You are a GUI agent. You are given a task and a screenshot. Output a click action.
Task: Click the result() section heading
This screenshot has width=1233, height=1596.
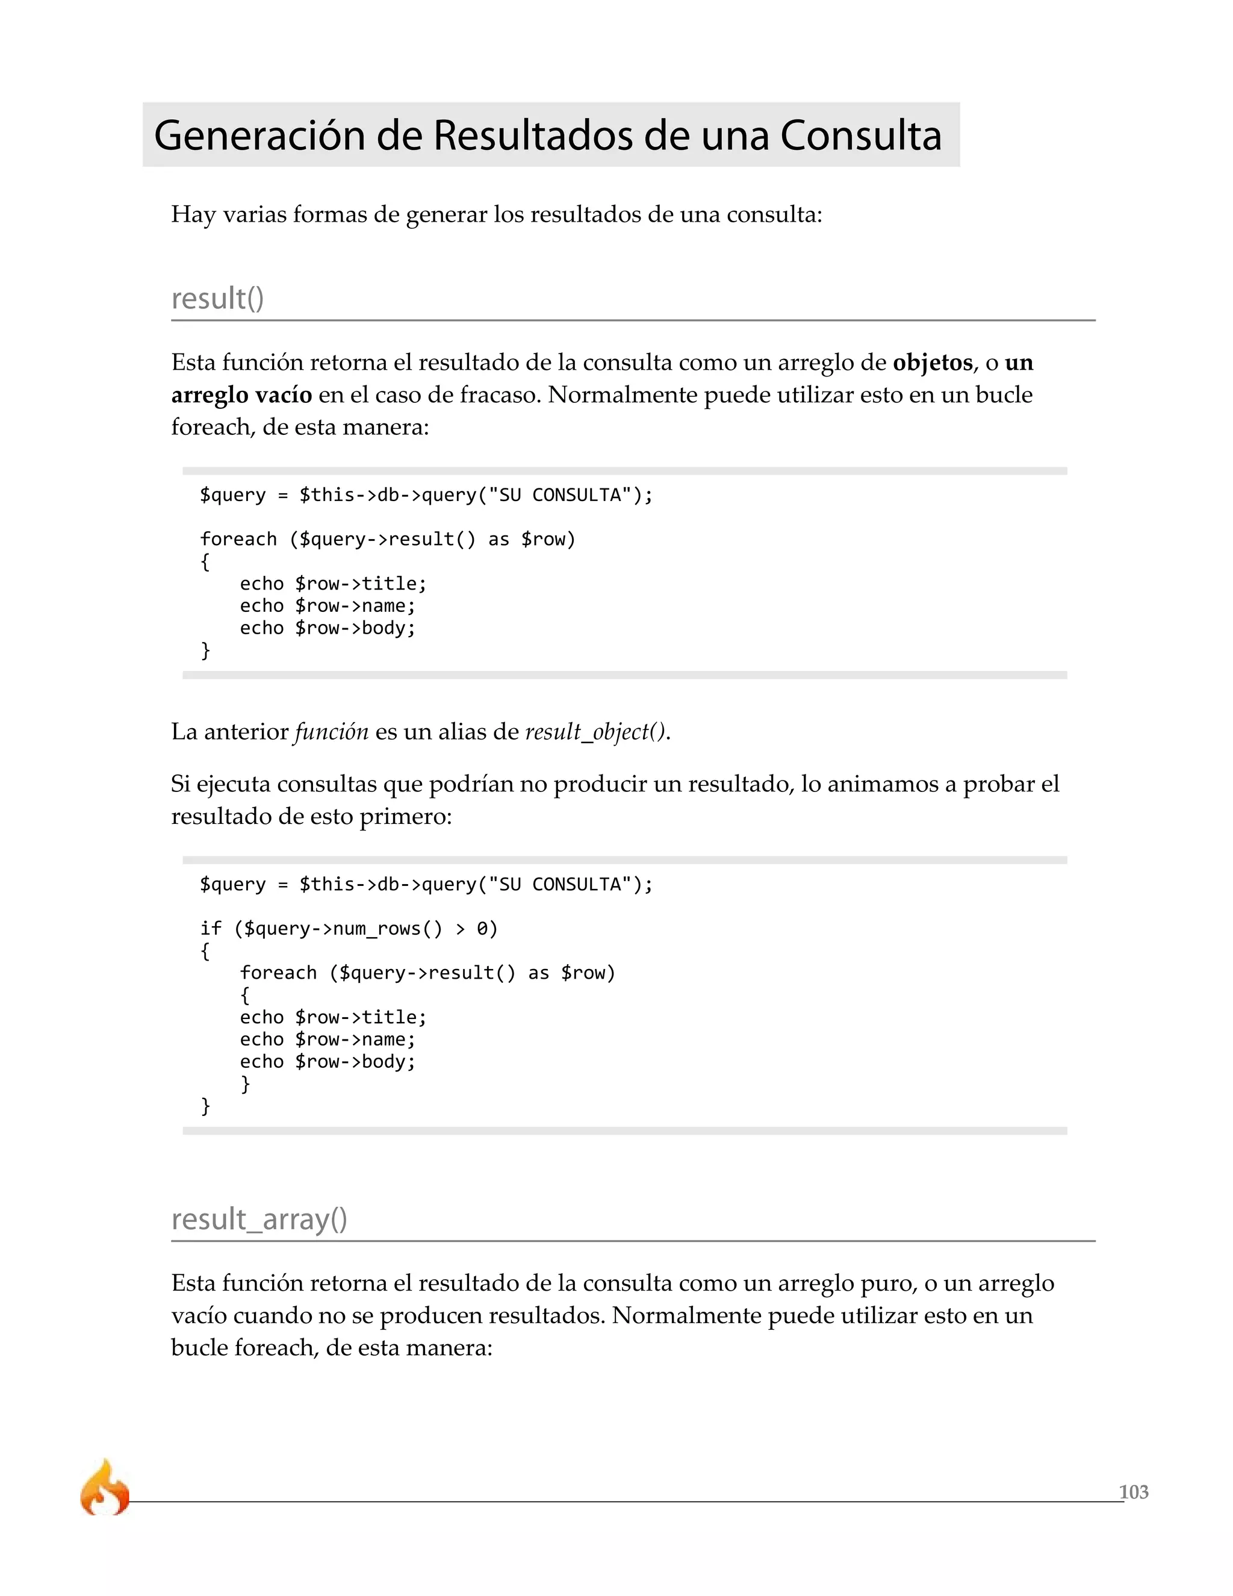pyautogui.click(x=217, y=299)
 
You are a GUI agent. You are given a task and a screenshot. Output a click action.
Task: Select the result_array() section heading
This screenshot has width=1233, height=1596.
pyautogui.click(x=258, y=1220)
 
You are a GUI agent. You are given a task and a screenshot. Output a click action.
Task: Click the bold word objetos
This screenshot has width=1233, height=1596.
pyautogui.click(x=932, y=363)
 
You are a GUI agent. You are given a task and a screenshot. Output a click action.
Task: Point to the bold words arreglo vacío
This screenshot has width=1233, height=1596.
pyautogui.click(x=241, y=394)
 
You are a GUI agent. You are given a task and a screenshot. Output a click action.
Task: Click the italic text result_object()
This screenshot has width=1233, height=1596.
pyautogui.click(x=595, y=732)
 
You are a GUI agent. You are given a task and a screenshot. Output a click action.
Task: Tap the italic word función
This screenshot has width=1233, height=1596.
pyautogui.click(x=332, y=732)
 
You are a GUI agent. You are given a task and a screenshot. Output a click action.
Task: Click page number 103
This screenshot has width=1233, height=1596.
pyautogui.click(x=1133, y=1492)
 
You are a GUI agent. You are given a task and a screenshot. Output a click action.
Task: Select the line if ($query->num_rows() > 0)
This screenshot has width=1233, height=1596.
pyautogui.click(x=349, y=929)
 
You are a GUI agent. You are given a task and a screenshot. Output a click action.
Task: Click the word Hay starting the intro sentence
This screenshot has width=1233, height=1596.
pyautogui.click(x=193, y=215)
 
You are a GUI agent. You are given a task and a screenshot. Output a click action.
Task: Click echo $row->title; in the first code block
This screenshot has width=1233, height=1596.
pyautogui.click(x=332, y=584)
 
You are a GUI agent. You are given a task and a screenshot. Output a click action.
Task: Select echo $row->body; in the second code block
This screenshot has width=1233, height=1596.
pyautogui.click(x=328, y=1062)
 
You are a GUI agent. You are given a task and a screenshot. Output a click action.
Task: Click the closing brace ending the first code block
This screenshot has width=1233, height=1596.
pyautogui.click(x=205, y=650)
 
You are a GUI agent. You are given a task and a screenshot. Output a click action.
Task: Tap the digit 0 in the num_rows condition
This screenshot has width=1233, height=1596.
pyautogui.click(x=482, y=929)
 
